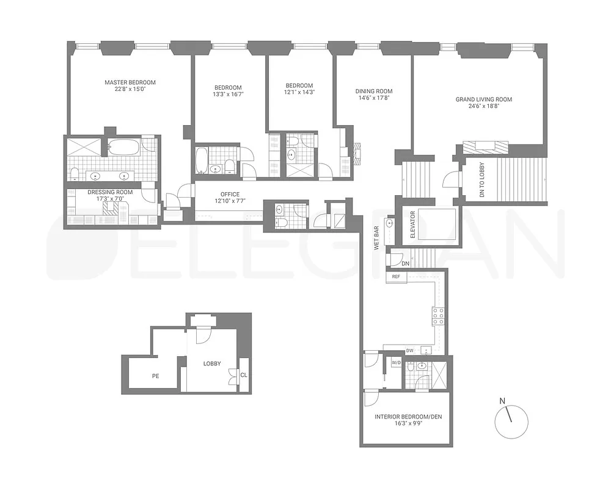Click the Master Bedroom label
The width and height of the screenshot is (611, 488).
coord(130,82)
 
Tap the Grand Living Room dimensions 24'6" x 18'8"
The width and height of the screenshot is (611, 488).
coord(483,106)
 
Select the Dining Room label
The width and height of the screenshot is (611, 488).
coord(373,91)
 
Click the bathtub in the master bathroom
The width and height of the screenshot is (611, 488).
coord(124,147)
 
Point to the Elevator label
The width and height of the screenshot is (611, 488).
coord(413,224)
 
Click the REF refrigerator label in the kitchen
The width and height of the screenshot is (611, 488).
coord(396,277)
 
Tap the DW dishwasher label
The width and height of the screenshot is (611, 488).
coord(410,351)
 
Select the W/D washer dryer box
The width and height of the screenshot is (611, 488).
coord(395,363)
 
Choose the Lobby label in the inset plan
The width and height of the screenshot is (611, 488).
coord(212,364)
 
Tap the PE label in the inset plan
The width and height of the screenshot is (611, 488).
coord(156,376)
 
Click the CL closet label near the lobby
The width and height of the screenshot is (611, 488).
coord(244,375)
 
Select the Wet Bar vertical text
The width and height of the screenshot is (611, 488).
coord(378,238)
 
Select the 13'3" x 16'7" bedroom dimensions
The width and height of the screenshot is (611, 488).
coord(227,94)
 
